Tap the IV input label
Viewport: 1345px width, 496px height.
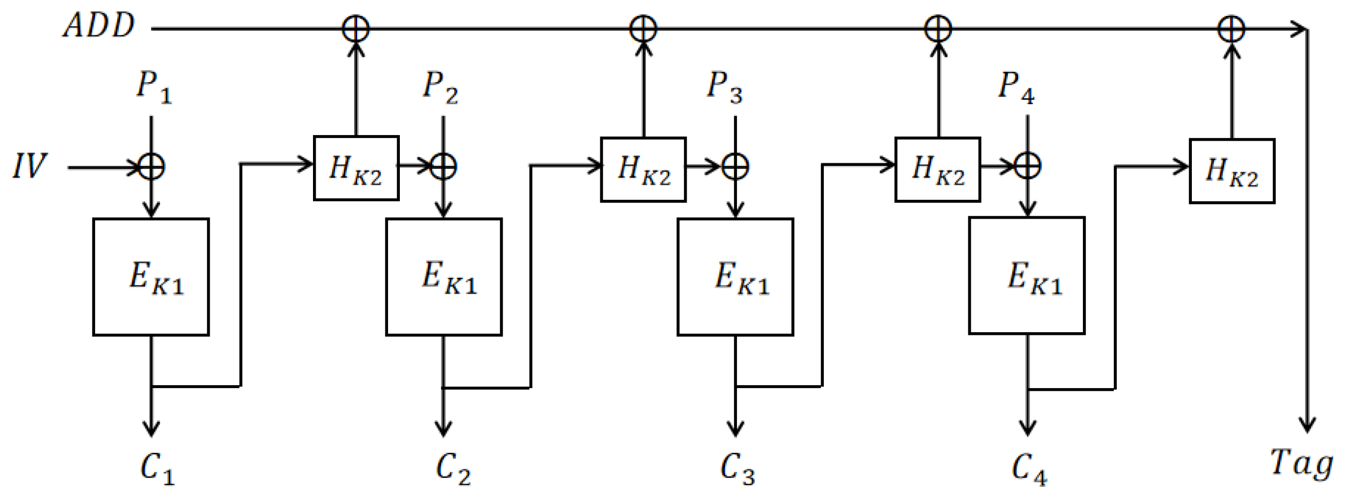(x=30, y=166)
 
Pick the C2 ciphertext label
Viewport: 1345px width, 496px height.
(x=453, y=468)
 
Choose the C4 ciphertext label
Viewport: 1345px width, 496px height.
(x=1028, y=468)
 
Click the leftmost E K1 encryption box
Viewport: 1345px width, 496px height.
(x=151, y=276)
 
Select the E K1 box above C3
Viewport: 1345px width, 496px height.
(x=735, y=276)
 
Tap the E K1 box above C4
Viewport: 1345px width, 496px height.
(x=1026, y=275)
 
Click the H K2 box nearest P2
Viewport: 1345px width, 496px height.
(x=356, y=168)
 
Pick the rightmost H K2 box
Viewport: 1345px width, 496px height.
(x=1232, y=170)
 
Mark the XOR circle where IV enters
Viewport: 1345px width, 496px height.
(x=152, y=167)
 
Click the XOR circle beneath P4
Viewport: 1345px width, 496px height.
(x=1027, y=166)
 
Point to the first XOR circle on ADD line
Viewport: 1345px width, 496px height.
(x=356, y=28)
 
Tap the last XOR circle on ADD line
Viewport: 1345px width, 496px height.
(x=1231, y=28)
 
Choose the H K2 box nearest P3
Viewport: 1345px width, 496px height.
(x=643, y=169)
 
